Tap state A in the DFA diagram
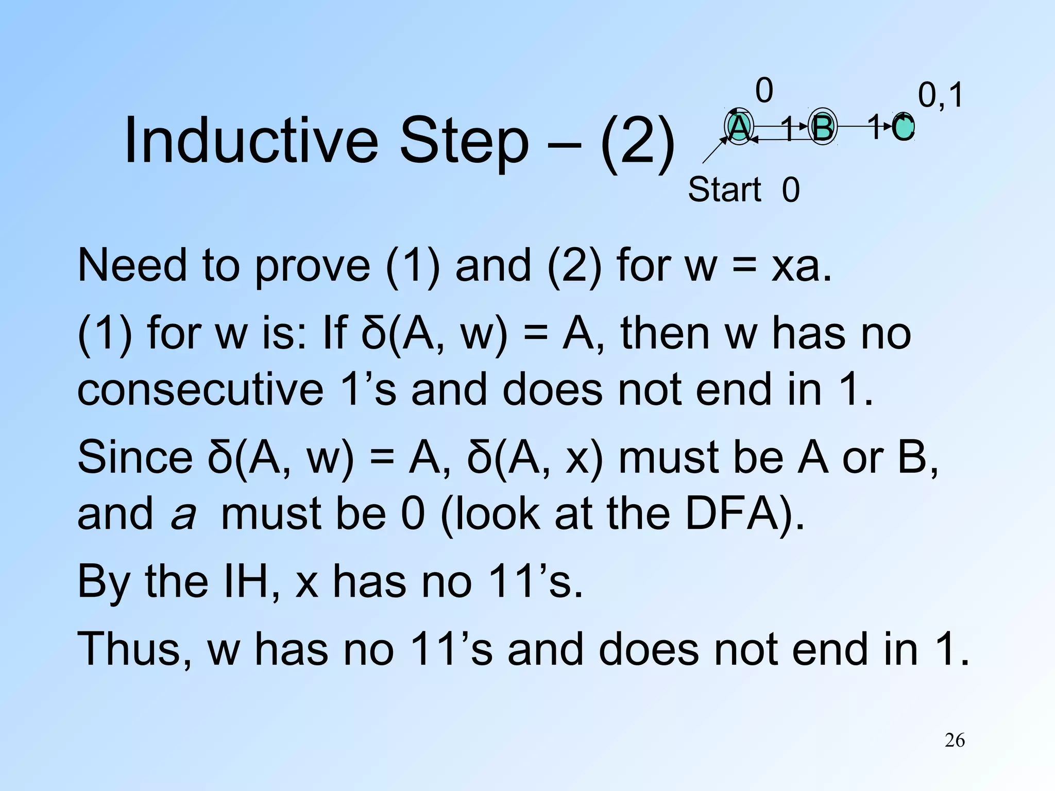click(739, 127)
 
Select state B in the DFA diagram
click(822, 127)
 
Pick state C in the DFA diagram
click(903, 127)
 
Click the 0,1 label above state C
click(940, 95)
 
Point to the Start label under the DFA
click(724, 190)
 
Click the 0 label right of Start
click(791, 190)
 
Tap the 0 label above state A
click(764, 91)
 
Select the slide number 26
click(955, 741)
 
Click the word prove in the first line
click(312, 267)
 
